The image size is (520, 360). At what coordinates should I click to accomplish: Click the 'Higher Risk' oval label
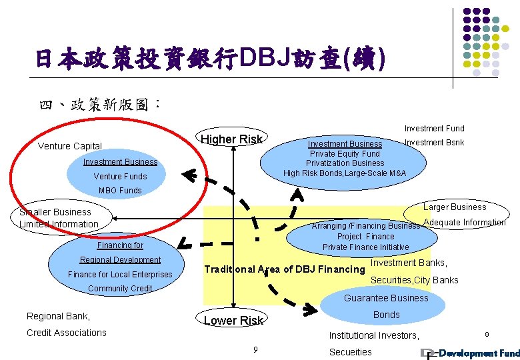[x=233, y=139]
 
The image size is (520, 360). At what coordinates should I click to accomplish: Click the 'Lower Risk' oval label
[x=233, y=321]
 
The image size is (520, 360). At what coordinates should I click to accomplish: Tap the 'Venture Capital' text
[x=70, y=146]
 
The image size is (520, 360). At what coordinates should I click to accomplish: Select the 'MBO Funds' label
[x=120, y=191]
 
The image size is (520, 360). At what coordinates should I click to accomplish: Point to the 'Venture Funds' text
[x=120, y=177]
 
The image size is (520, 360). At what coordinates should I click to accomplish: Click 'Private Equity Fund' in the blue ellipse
[x=345, y=153]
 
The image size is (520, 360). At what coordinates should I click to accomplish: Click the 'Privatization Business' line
[x=345, y=163]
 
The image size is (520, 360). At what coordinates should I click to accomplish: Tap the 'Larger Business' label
[x=455, y=207]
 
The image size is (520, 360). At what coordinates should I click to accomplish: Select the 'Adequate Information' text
[x=465, y=223]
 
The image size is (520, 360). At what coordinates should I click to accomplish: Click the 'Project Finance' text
[x=365, y=237]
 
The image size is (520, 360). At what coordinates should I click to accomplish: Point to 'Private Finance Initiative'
[x=365, y=247]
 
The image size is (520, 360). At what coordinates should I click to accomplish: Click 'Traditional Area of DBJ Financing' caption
[x=284, y=269]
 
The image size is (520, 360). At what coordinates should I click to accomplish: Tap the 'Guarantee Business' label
[x=386, y=298]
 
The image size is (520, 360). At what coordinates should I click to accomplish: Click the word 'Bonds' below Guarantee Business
[x=386, y=315]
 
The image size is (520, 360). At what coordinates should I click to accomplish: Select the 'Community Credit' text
[x=120, y=289]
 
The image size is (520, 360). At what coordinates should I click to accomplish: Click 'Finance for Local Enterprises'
[x=120, y=275]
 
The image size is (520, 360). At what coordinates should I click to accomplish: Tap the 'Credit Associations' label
[x=66, y=333]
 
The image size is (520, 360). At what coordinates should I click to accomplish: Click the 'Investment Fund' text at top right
[x=434, y=129]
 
